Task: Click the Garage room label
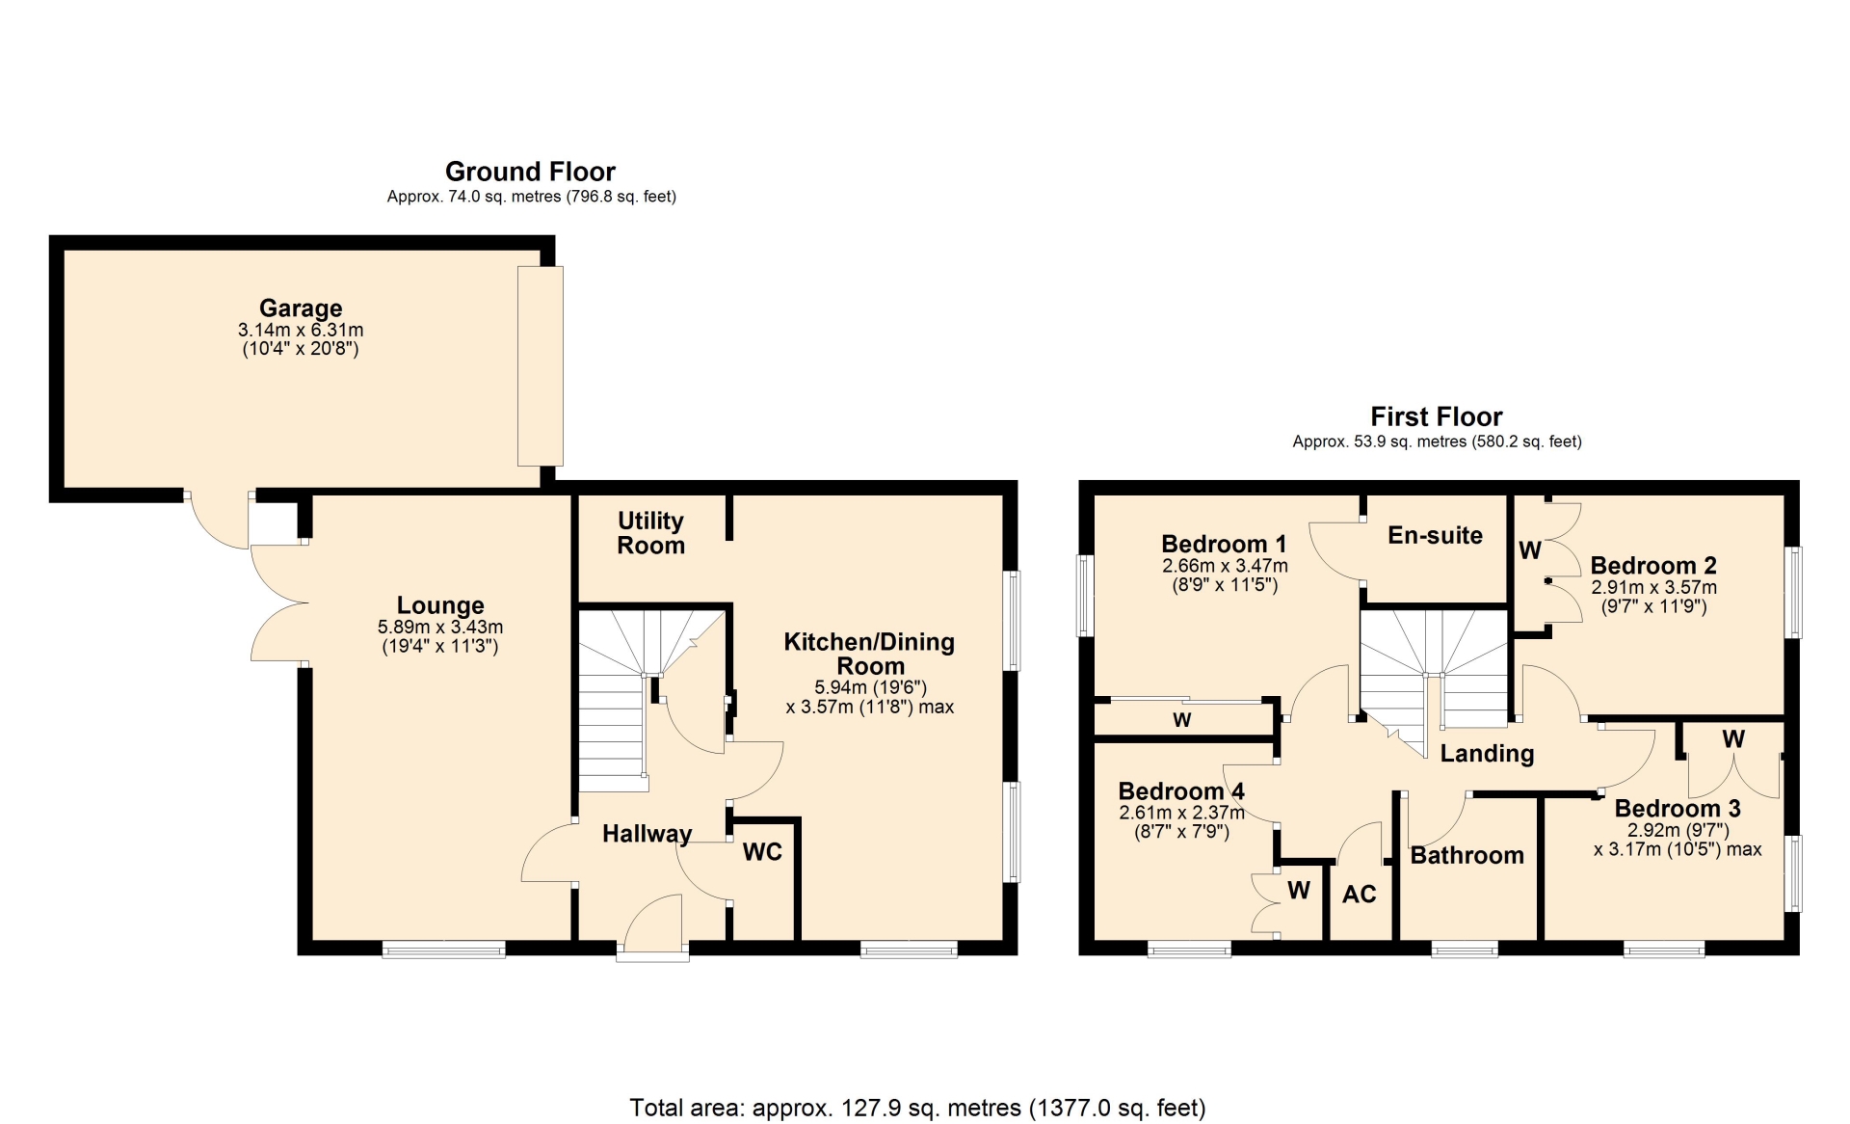click(301, 308)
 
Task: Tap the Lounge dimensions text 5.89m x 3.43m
click(440, 627)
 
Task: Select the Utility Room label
click(651, 533)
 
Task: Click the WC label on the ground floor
click(762, 851)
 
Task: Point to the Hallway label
click(647, 834)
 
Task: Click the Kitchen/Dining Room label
click(869, 654)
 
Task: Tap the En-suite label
click(1435, 535)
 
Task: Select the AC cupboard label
click(1360, 895)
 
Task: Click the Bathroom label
click(1467, 855)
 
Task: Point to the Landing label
click(1487, 754)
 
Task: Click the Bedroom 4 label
click(1181, 791)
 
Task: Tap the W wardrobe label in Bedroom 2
click(1530, 550)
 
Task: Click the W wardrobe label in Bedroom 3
click(1733, 739)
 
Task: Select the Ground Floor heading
click(530, 172)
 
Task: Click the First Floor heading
click(1437, 416)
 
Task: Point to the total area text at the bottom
click(917, 1108)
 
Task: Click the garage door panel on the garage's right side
click(541, 366)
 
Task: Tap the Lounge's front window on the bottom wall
click(444, 950)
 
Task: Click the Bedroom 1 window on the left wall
click(1085, 596)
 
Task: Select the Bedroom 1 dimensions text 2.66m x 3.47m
click(1225, 566)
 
